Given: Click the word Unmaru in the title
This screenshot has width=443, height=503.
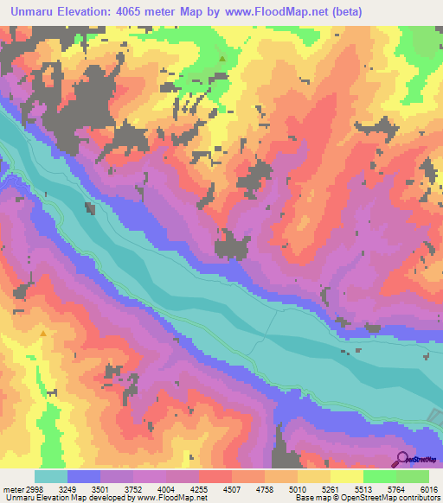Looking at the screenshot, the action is (x=35, y=12).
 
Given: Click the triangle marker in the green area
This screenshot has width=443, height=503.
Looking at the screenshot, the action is (x=223, y=59).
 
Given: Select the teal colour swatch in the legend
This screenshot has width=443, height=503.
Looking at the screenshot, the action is (x=51, y=476).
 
